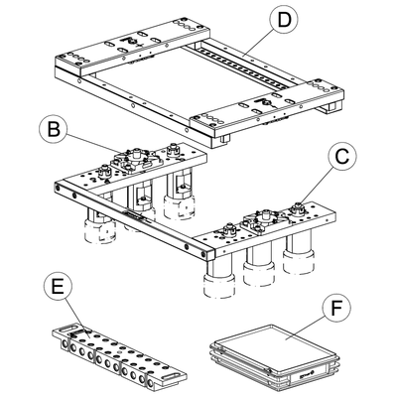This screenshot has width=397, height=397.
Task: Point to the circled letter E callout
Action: (x=61, y=289)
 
